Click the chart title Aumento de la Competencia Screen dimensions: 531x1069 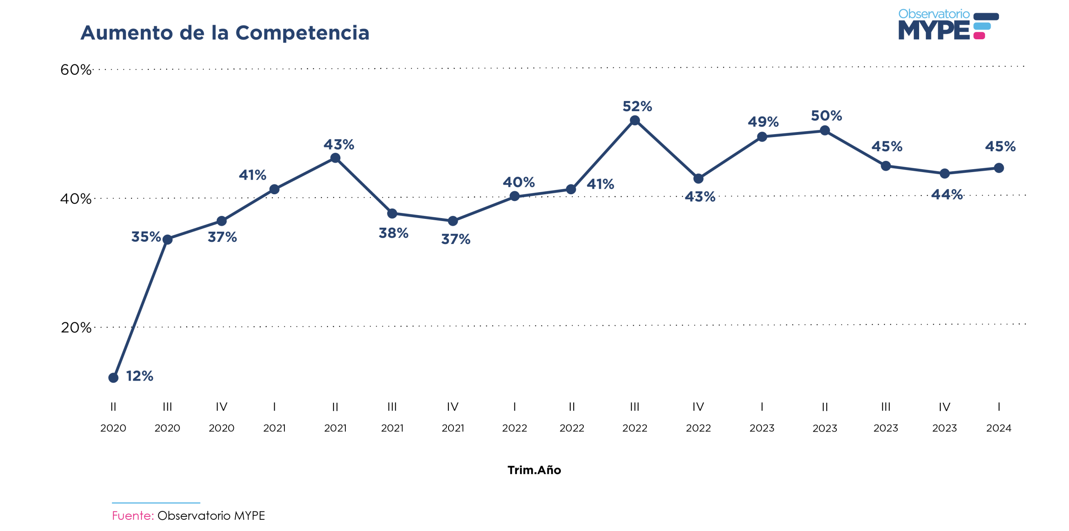225,33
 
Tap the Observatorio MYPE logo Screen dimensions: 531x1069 948,25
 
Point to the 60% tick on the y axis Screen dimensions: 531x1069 76,70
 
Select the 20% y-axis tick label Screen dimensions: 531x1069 76,328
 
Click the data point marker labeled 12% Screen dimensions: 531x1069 113,378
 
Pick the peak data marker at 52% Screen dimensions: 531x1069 634,121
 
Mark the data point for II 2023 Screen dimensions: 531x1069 824,131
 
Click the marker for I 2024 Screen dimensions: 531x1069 998,168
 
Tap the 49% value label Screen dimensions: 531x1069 763,122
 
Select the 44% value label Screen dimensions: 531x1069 947,195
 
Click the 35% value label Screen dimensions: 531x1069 146,237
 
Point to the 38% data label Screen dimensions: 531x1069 393,233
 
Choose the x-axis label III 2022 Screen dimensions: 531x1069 634,417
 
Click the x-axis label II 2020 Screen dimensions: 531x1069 113,417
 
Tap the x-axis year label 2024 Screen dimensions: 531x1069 998,428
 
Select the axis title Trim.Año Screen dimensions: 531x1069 534,470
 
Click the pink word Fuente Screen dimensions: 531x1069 132,516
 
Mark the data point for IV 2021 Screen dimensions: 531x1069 453,221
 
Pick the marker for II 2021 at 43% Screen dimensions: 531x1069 335,158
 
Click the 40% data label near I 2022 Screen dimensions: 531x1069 518,182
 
